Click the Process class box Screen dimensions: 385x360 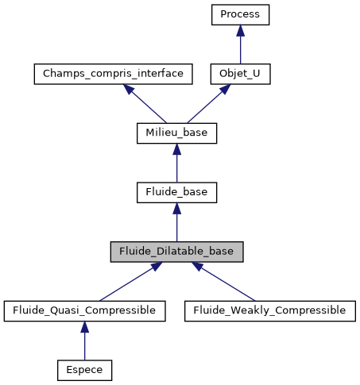[241, 14]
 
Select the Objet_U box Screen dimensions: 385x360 [241, 74]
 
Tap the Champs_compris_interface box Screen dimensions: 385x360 [114, 74]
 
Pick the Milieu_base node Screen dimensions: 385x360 [176, 133]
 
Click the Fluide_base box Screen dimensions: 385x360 [176, 192]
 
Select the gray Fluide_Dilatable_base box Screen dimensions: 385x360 [176, 251]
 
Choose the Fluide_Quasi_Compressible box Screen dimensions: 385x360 [84, 310]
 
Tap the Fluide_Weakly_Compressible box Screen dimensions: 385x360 [269, 310]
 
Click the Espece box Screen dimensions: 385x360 [84, 369]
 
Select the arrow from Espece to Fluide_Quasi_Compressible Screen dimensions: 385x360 [84, 341]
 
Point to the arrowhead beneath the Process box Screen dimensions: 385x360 [241, 30]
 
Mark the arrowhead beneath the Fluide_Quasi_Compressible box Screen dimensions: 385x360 [84, 326]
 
